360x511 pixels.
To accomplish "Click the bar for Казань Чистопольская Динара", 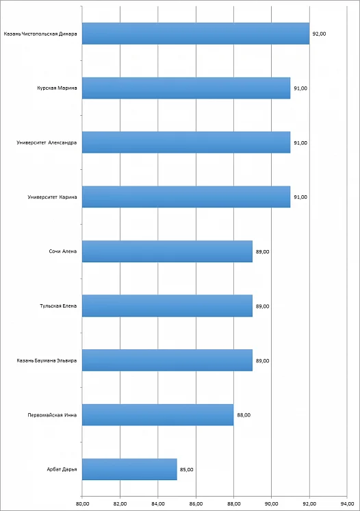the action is pos(196,34).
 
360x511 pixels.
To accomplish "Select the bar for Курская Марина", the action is pos(186,88).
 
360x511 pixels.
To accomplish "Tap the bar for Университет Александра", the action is pos(186,142).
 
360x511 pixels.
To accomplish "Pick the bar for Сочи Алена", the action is pos(167,251).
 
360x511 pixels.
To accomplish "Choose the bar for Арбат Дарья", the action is pos(129,469).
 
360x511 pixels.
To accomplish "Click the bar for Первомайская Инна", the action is pos(158,415).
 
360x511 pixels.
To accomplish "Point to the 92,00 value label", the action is pos(319,34).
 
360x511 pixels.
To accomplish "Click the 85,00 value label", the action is pos(187,470).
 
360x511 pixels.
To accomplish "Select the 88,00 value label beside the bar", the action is pos(244,415).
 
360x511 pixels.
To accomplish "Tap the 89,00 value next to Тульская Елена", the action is pos(262,306).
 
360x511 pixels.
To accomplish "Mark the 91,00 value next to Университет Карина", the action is pos(300,197).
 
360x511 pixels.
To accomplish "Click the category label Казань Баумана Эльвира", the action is pos(47,361).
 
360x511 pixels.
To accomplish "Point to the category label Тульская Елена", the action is pos(58,306).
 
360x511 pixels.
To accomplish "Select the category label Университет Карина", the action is pos(53,197).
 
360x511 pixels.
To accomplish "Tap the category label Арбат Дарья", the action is pos(62,470).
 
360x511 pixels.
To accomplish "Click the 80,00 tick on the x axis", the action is pos(82,504).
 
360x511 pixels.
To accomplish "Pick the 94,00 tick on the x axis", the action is pos(347,504).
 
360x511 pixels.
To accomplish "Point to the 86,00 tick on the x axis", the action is pos(196,504).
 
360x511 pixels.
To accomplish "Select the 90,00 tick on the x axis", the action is pos(272,504).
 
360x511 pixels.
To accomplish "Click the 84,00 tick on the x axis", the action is pos(158,504).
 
